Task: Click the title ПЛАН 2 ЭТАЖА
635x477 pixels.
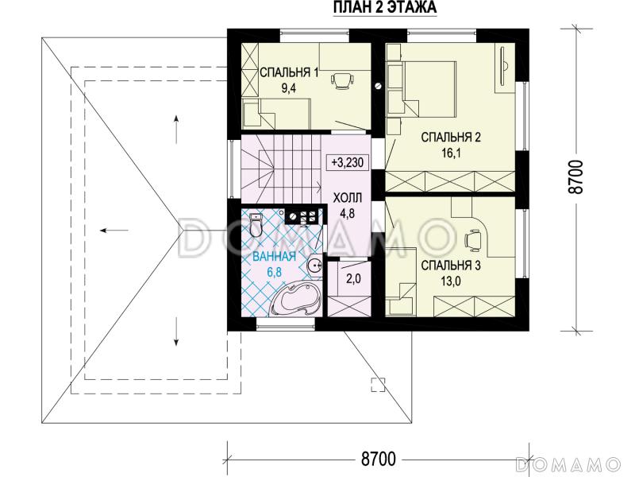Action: point(385,8)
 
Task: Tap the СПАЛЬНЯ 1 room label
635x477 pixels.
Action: point(289,73)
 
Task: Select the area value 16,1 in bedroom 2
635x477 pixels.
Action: point(451,153)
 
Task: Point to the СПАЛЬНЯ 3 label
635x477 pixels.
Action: point(451,266)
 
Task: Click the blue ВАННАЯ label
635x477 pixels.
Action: point(274,256)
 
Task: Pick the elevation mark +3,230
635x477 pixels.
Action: point(347,163)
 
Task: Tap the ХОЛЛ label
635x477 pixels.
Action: point(348,198)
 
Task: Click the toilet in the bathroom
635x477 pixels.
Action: point(256,224)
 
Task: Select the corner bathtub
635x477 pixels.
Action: point(296,301)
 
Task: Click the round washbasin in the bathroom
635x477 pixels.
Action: point(314,266)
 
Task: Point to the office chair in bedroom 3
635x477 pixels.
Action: point(473,239)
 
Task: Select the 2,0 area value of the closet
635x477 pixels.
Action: point(353,279)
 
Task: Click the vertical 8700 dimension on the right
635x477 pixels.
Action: point(577,176)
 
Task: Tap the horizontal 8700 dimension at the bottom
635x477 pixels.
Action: point(379,459)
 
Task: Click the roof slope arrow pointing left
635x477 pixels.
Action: point(115,231)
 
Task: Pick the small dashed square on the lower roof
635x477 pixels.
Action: point(379,384)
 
